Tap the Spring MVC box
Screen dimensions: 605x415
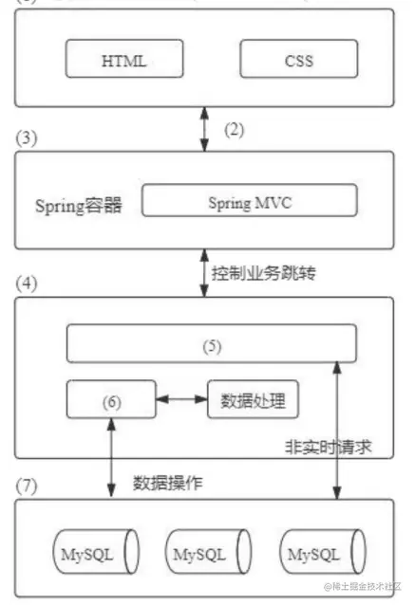coord(249,202)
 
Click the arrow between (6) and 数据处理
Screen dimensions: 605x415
coord(178,400)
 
